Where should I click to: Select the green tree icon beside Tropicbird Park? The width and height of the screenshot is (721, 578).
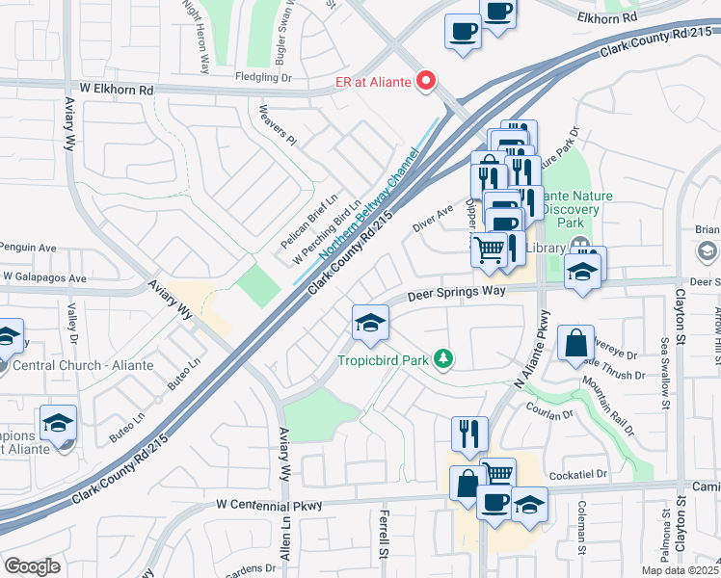pyautogui.click(x=443, y=359)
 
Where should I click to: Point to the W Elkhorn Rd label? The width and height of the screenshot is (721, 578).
pyautogui.click(x=117, y=90)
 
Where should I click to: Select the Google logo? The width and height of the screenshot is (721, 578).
pyautogui.click(x=32, y=565)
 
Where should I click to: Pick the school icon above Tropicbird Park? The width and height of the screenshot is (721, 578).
pyautogui.click(x=370, y=325)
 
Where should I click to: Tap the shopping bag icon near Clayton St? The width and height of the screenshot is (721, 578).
pyautogui.click(x=575, y=342)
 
